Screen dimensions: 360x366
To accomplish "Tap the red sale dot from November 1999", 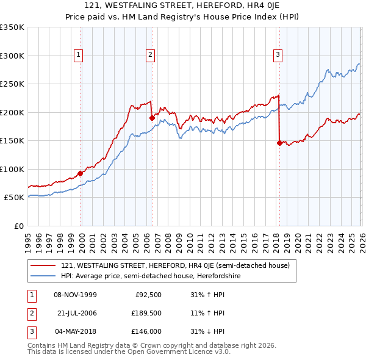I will pos(81,173).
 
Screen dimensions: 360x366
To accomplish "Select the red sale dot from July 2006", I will pos(152,118).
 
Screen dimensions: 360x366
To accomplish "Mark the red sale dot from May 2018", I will pos(279,143).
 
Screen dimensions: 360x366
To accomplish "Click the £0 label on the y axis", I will pos(18,226).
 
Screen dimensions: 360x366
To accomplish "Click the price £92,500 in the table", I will pos(147,295).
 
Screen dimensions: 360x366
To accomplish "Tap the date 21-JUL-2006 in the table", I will pos(77,313).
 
